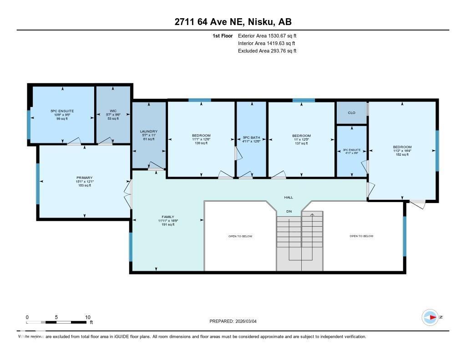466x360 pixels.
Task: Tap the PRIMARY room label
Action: tap(84, 177)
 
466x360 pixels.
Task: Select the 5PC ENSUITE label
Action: tap(62, 111)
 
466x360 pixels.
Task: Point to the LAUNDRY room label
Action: tap(148, 131)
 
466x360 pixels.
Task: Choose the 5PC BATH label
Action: tap(251, 136)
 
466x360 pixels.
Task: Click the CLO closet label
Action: tap(351, 112)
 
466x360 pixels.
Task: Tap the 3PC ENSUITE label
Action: tap(351, 150)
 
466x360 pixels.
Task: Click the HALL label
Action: tap(289, 197)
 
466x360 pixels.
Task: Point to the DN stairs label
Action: tap(289, 211)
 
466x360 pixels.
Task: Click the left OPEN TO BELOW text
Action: tap(240, 236)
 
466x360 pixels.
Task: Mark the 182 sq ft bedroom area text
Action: tap(402, 155)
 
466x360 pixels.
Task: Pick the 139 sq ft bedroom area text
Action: tap(201, 143)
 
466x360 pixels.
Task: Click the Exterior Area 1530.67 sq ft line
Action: tap(267, 35)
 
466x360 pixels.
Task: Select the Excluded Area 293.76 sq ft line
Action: tap(267, 51)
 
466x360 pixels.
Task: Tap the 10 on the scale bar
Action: tap(88, 317)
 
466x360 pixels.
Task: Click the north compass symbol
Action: tap(430, 317)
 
